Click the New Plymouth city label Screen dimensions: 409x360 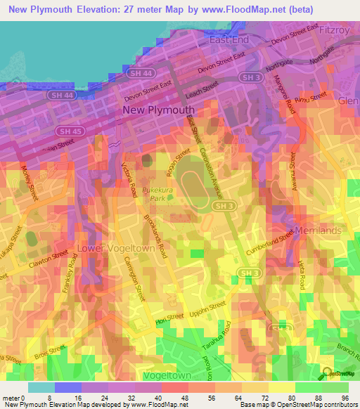[x=158, y=110]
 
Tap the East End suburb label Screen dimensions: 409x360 [x=230, y=41]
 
